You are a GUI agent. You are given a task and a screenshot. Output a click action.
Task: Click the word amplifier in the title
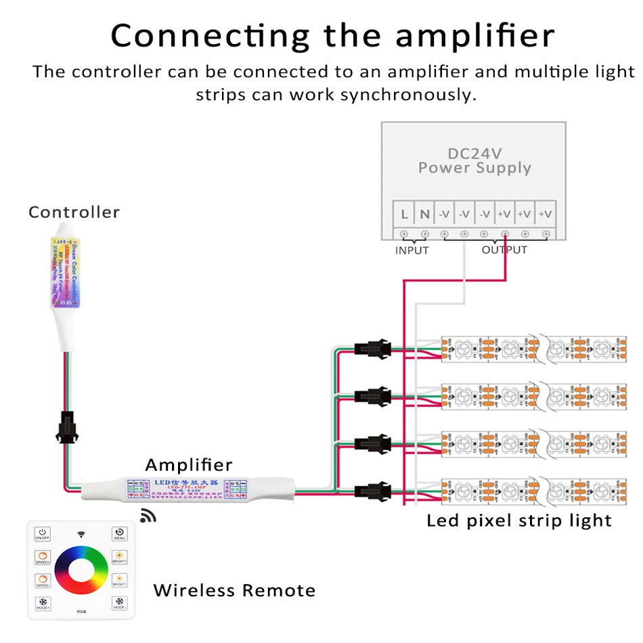475,35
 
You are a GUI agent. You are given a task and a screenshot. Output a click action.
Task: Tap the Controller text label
74,212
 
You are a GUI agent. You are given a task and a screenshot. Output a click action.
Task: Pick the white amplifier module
188,487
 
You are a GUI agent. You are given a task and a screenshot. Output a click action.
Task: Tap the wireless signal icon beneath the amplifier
148,516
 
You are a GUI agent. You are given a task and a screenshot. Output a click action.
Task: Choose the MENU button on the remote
119,533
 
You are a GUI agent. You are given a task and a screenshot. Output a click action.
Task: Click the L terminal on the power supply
404,215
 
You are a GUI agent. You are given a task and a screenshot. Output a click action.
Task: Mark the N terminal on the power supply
424,215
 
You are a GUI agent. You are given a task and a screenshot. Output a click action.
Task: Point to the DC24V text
474,154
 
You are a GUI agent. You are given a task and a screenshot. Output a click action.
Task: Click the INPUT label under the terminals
412,250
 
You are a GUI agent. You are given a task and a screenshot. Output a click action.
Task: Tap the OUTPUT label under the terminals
504,250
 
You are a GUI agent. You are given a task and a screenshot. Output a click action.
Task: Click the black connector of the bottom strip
372,489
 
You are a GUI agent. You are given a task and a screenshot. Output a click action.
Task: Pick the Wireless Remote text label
234,590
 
